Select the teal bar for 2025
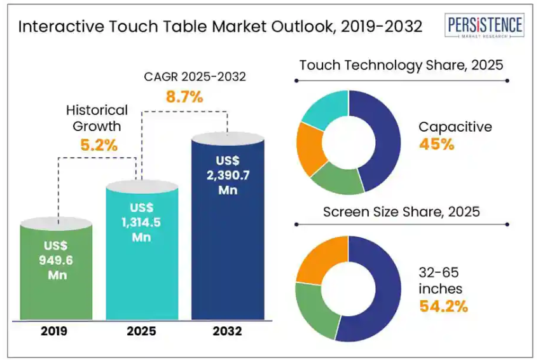tap(142, 254)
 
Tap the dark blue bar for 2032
tap(228, 229)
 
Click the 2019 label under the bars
tap(57, 331)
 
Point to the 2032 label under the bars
tap(228, 331)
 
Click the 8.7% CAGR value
tap(184, 97)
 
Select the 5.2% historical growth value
tap(99, 144)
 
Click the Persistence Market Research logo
tap(485, 27)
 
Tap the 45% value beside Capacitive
tap(436, 144)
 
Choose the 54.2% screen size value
tap(443, 306)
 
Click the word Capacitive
tap(455, 127)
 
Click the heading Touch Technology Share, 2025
tap(401, 65)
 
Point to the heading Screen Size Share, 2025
tap(401, 211)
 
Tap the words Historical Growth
tap(97, 118)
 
